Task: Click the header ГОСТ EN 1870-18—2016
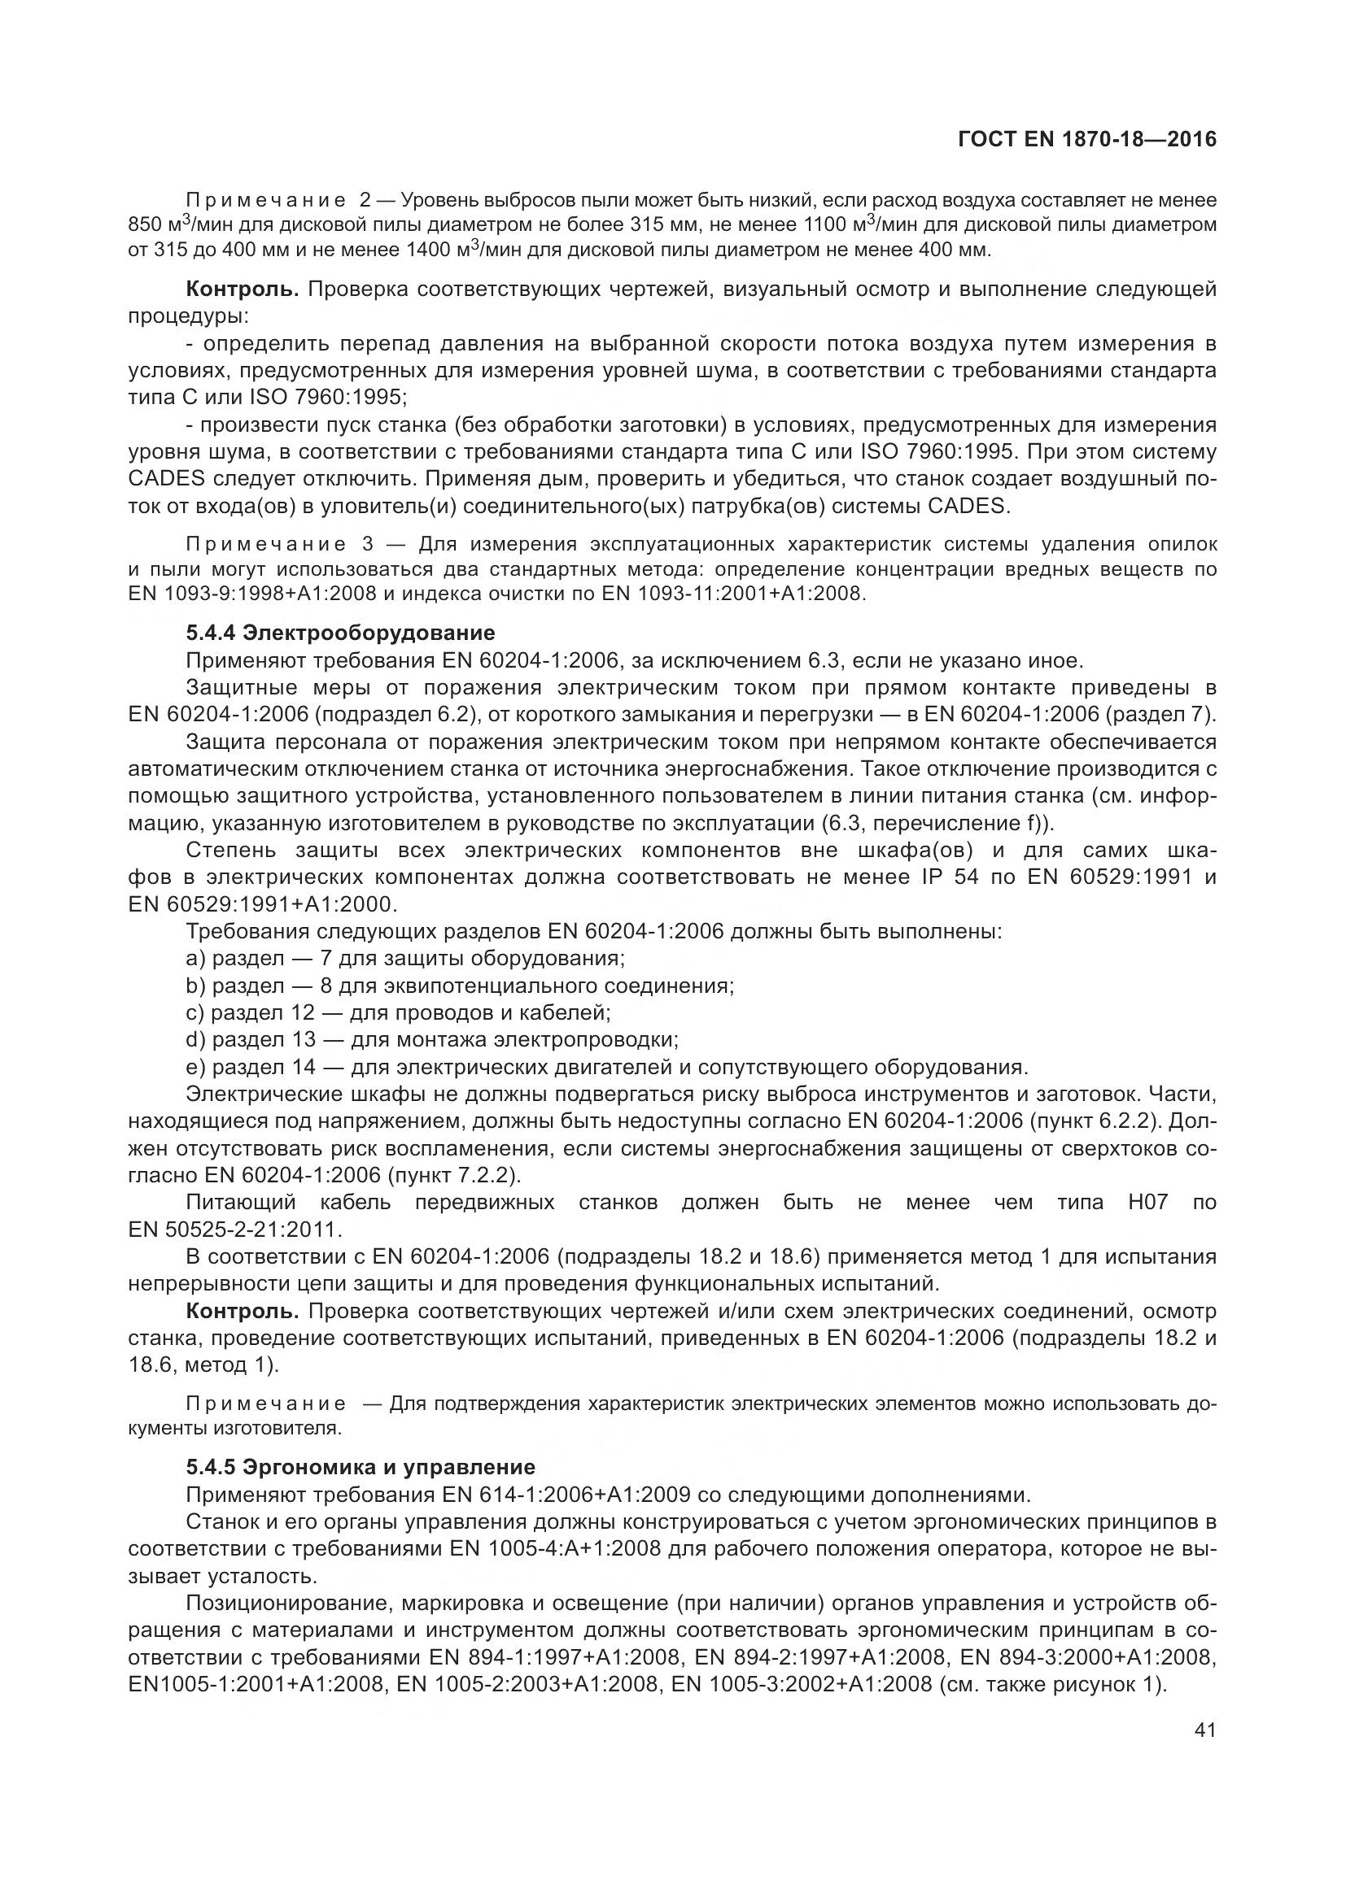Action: [1086, 139]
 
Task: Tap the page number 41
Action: [1205, 1730]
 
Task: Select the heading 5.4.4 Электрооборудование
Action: [340, 633]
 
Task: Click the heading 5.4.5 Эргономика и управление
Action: [361, 1467]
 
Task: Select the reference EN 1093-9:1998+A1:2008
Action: [252, 594]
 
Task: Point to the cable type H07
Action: [1147, 1202]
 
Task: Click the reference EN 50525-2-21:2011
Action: [234, 1230]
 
